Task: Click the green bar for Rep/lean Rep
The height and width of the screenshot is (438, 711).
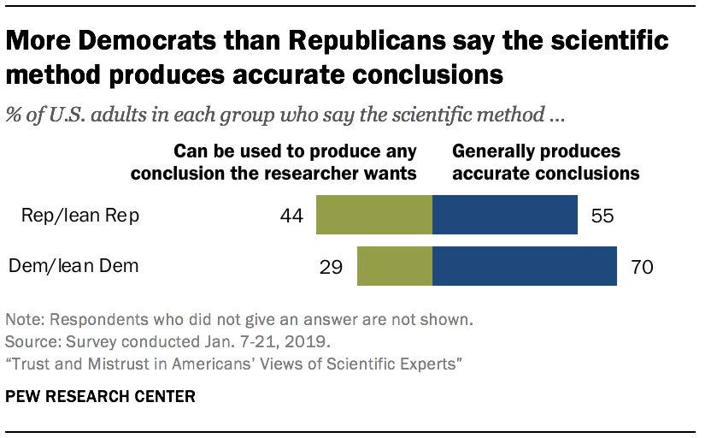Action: tap(374, 215)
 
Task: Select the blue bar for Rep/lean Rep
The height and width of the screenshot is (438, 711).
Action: tap(505, 215)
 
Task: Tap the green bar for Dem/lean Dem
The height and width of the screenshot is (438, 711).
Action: tap(395, 266)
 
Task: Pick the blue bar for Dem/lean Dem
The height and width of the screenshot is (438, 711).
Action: tap(526, 266)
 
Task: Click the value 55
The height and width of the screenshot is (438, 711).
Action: tap(601, 216)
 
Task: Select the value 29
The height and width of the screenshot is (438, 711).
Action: tap(332, 267)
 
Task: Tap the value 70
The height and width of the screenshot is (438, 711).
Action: tap(642, 267)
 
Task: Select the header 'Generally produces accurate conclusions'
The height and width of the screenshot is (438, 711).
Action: tap(545, 162)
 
